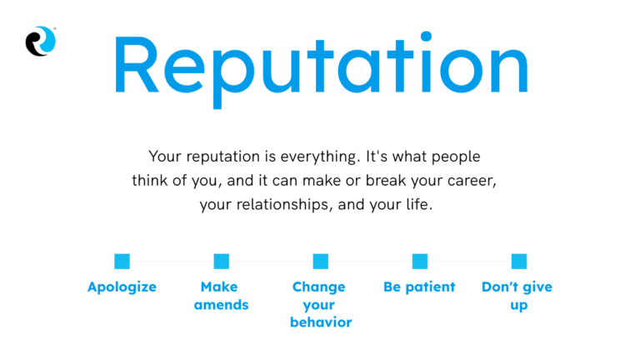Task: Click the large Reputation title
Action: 320,65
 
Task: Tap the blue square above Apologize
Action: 122,261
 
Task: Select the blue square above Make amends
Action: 221,261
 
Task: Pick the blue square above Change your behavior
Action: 320,261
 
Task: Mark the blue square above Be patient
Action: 419,261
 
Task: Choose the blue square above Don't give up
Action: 518,261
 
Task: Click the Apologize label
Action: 122,287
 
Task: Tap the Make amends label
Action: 221,296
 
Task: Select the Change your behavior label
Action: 320,304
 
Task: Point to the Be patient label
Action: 419,287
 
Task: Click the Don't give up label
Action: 517,296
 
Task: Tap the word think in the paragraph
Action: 151,181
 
